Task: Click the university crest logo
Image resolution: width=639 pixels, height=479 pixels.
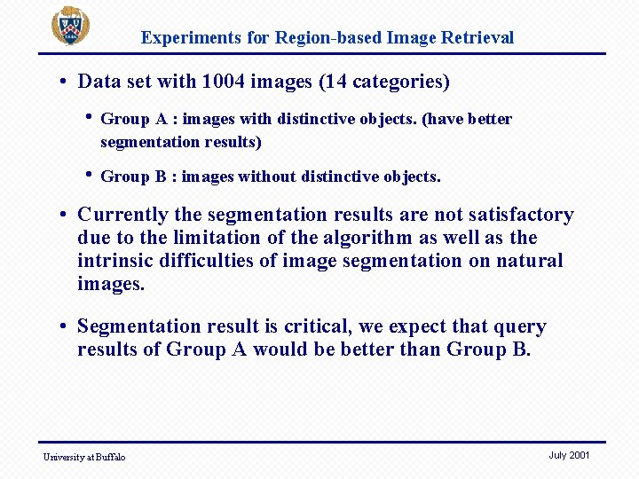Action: pos(69,26)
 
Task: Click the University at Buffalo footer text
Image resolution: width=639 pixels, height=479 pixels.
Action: pos(84,457)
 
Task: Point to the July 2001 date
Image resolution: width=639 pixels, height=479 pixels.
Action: pos(569,455)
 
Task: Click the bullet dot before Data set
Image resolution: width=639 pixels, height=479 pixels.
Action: pos(66,82)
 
